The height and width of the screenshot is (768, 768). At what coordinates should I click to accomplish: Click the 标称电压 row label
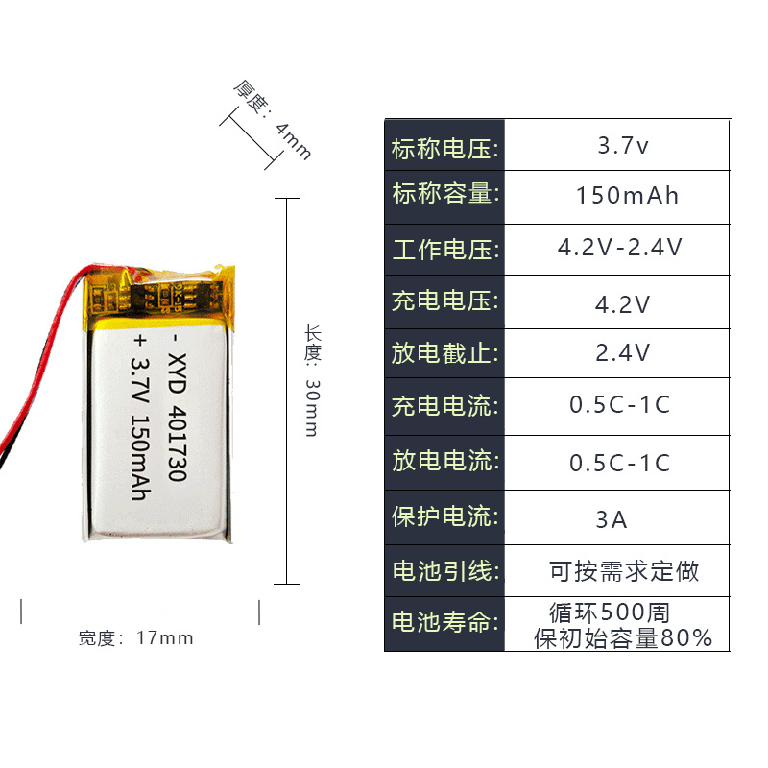point(444,149)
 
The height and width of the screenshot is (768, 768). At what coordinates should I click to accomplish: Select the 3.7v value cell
point(623,147)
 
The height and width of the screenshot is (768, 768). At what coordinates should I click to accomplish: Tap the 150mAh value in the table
point(627,196)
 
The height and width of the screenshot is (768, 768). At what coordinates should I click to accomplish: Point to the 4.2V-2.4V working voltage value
point(620,248)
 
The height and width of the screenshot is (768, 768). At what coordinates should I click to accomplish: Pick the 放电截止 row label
point(444,353)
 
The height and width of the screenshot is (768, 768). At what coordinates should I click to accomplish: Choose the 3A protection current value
point(612,519)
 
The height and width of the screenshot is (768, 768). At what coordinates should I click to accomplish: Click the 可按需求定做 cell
point(624,572)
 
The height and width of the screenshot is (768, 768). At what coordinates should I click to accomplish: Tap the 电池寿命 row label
point(444,622)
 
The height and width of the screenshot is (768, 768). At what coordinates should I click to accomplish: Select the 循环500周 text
point(610,612)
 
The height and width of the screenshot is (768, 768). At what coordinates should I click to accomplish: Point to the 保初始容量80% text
point(623,637)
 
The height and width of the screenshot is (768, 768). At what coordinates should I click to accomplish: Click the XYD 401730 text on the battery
point(175,420)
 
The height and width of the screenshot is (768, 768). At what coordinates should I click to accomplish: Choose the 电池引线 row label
point(444,571)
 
